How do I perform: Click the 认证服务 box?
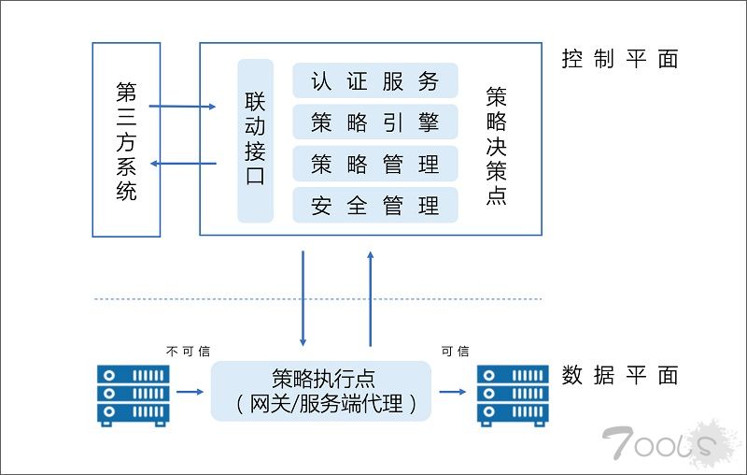pyautogui.click(x=375, y=81)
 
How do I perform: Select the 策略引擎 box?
pyautogui.click(x=375, y=122)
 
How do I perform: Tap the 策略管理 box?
pyautogui.click(x=375, y=165)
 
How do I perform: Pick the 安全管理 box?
pyautogui.click(x=375, y=206)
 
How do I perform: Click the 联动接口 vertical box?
pyautogui.click(x=255, y=140)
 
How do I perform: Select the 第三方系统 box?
pyautogui.click(x=126, y=140)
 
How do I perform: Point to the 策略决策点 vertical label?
pyautogui.click(x=497, y=145)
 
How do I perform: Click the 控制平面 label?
pyautogui.click(x=619, y=59)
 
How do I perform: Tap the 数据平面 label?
pyautogui.click(x=619, y=376)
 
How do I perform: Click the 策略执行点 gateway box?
pyautogui.click(x=322, y=391)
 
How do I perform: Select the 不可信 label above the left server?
pyautogui.click(x=188, y=352)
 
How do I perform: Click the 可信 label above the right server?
pyautogui.click(x=455, y=352)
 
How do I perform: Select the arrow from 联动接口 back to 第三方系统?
pyautogui.click(x=184, y=165)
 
